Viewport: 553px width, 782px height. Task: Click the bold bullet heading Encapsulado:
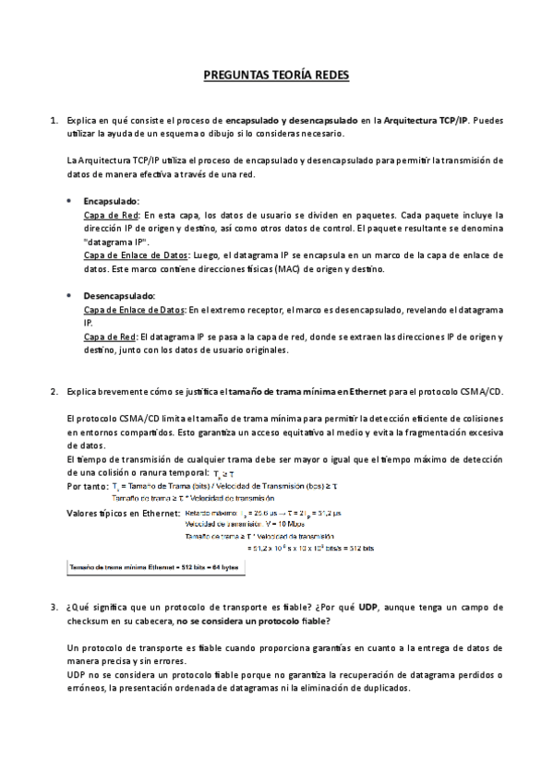[111, 200]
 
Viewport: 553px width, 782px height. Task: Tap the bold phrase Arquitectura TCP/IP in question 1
[427, 121]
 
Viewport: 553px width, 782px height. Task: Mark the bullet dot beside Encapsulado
[71, 200]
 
